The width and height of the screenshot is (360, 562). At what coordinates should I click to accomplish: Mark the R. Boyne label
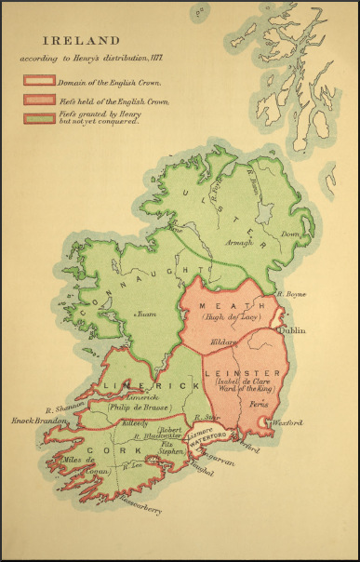[293, 296]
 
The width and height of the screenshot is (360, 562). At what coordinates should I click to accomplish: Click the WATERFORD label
[212, 446]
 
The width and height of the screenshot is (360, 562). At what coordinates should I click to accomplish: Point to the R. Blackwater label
[153, 437]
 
